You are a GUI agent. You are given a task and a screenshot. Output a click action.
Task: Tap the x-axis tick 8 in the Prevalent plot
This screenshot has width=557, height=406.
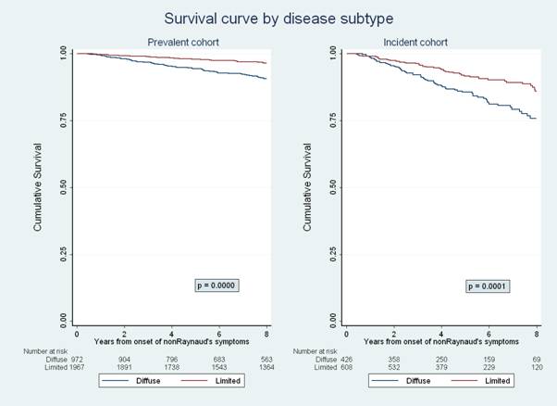pyautogui.click(x=266, y=333)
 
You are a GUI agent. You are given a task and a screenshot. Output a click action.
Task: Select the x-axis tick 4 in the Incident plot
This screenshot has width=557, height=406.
pyautogui.click(x=441, y=333)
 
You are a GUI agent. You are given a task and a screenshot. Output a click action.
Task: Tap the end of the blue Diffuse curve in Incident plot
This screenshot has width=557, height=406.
pyautogui.click(x=536, y=119)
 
